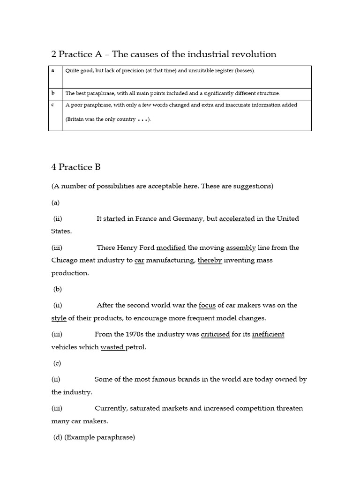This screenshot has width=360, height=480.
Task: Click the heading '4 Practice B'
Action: pyautogui.click(x=76, y=167)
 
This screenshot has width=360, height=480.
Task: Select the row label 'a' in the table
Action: pyautogui.click(x=53, y=70)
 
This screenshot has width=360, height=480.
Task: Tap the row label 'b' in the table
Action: pyautogui.click(x=53, y=93)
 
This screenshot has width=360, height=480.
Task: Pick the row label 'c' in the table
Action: pyautogui.click(x=53, y=105)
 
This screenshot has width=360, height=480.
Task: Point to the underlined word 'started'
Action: pyautogui.click(x=114, y=219)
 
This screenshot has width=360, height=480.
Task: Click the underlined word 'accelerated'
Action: pyautogui.click(x=237, y=219)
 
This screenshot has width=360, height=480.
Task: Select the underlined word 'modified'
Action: pyautogui.click(x=171, y=248)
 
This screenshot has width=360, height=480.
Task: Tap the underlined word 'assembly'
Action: pyautogui.click(x=241, y=248)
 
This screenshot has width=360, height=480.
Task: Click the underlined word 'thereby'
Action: pyautogui.click(x=210, y=260)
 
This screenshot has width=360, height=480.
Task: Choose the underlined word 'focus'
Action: pyautogui.click(x=207, y=306)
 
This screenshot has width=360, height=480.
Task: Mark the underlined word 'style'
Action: pyautogui.click(x=59, y=318)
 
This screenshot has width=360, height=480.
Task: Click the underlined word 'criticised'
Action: pyautogui.click(x=215, y=335)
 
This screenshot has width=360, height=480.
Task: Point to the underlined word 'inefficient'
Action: pyautogui.click(x=268, y=335)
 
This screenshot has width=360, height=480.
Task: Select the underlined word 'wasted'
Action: pyautogui.click(x=112, y=347)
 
